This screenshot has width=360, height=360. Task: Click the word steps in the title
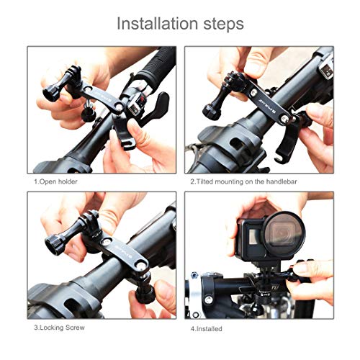pyautogui.click(x=219, y=23)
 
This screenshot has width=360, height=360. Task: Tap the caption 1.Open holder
pyautogui.click(x=55, y=181)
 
